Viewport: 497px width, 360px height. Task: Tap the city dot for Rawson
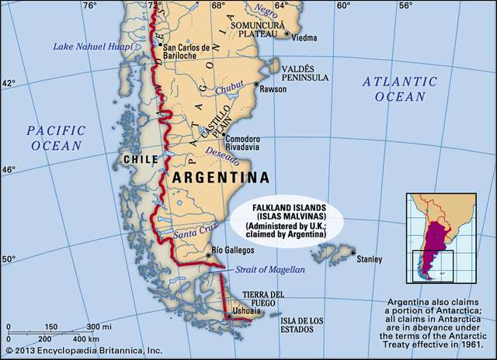(256, 84)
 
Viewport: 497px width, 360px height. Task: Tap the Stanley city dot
(353, 253)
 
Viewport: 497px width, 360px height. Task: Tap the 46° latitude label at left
(7, 169)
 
